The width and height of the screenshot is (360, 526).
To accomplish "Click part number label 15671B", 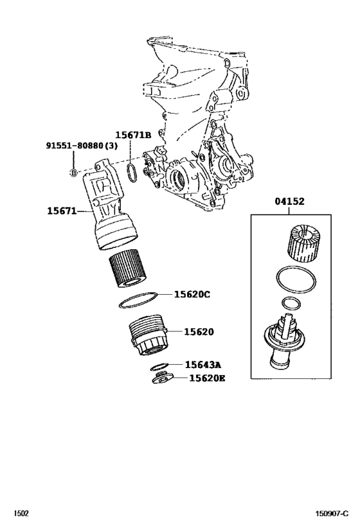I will [x=133, y=135].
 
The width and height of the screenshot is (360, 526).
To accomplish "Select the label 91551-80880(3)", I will [x=81, y=146].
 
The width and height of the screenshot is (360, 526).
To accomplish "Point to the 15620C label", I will [x=192, y=295].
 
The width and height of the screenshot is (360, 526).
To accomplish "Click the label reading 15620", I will [x=199, y=332].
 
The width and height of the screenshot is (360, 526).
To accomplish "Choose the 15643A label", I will [x=203, y=365].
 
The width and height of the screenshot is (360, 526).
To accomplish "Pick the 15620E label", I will [x=207, y=378].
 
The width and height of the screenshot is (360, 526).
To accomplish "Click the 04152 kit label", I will [x=290, y=202].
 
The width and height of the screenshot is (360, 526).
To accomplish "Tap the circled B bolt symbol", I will [x=73, y=173].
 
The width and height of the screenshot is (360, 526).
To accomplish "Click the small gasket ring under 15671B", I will [x=130, y=173].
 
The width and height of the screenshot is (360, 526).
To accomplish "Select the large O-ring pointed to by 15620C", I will [x=139, y=300].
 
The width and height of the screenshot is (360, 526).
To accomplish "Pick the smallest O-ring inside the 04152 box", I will [x=291, y=304].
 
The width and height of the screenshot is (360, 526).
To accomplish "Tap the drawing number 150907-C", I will [x=332, y=514].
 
